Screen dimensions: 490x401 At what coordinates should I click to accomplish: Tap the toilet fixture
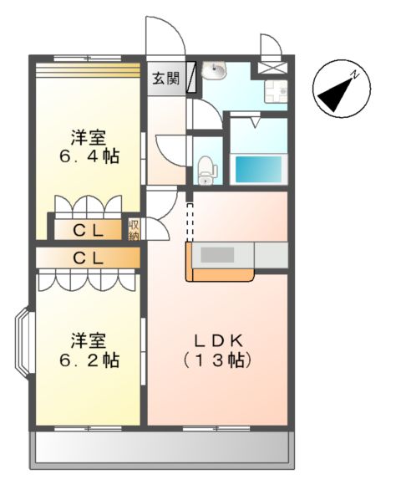click(207, 171)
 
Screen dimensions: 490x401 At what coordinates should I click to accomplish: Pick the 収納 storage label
click(134, 229)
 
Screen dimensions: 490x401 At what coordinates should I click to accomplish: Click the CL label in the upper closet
click(89, 229)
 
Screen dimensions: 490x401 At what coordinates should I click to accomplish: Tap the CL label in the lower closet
click(89, 258)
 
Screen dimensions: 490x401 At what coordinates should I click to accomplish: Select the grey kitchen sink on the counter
click(219, 255)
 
